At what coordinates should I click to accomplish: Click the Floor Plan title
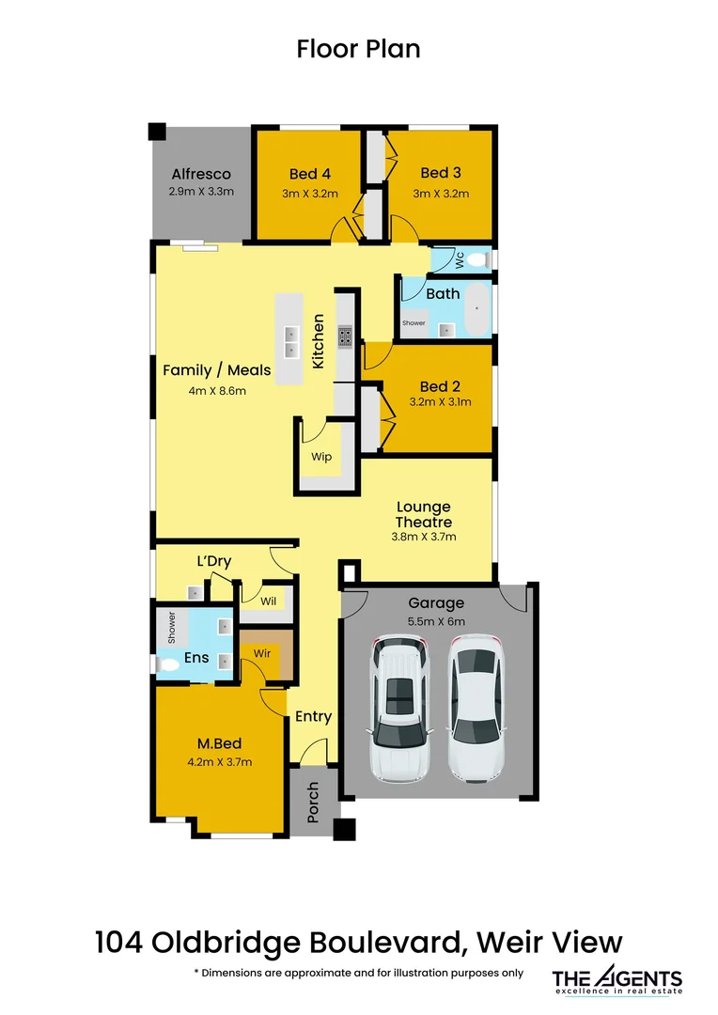(358, 49)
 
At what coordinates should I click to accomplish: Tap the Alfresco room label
(200, 174)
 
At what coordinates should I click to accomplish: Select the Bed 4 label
(309, 173)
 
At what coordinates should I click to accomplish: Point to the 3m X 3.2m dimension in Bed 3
(440, 194)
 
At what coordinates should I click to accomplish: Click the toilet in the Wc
(477, 258)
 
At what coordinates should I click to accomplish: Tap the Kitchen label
(319, 342)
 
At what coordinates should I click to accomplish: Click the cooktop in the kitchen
(345, 336)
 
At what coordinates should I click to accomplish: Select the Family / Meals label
(216, 370)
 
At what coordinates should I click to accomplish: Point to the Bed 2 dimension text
(440, 401)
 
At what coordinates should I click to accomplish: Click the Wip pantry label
(321, 457)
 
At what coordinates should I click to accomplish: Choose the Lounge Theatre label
(423, 515)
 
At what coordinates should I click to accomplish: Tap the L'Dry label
(213, 562)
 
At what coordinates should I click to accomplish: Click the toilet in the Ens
(169, 664)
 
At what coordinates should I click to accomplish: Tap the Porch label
(314, 802)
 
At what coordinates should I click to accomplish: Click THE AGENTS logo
(617, 979)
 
